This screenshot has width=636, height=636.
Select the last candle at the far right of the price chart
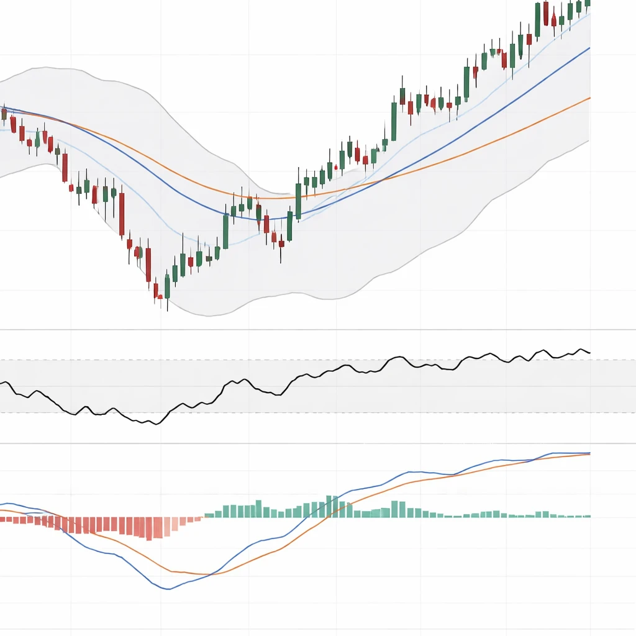click(588, 4)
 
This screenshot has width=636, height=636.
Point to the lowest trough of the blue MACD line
click(167, 589)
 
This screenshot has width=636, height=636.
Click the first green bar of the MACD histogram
click(207, 515)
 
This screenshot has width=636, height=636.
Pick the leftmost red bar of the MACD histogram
click(2, 519)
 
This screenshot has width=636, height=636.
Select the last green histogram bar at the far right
click(588, 516)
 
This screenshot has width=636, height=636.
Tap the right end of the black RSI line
click(590, 353)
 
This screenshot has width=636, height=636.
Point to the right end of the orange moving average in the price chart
click(589, 98)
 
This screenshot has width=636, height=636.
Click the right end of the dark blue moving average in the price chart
click(589, 47)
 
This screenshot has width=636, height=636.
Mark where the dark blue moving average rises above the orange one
click(384, 179)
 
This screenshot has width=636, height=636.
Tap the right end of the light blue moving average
click(589, 14)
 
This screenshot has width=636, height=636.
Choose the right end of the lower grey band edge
click(588, 141)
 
